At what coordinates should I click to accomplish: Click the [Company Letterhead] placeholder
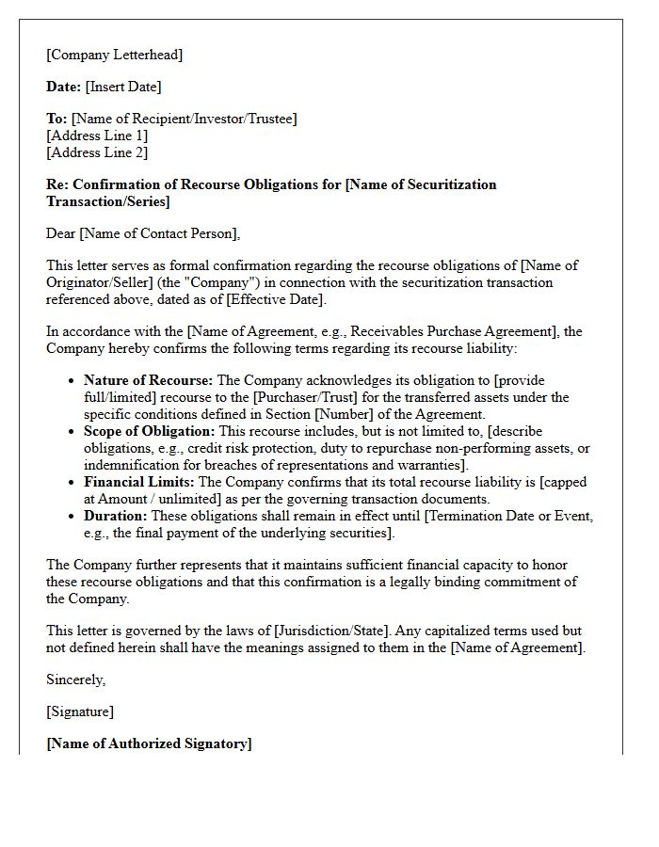tap(114, 55)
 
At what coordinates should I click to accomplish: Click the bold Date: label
tap(64, 87)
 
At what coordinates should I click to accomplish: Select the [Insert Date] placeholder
tap(123, 87)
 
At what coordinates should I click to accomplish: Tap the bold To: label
tap(56, 119)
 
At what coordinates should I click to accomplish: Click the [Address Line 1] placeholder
tap(97, 136)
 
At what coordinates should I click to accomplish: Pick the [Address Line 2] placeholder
tap(97, 152)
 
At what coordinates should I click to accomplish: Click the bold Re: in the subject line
tap(57, 184)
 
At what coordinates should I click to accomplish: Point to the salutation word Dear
tap(61, 233)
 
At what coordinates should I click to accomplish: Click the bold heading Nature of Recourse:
tap(149, 380)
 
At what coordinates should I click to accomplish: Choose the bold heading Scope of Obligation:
tap(150, 431)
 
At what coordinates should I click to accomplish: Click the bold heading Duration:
tap(116, 516)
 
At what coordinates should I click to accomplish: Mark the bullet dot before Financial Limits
tap(72, 483)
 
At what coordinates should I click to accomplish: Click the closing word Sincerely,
tap(76, 679)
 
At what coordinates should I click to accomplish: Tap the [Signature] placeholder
tap(80, 711)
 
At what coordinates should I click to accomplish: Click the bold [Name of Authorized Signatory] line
tap(149, 743)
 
